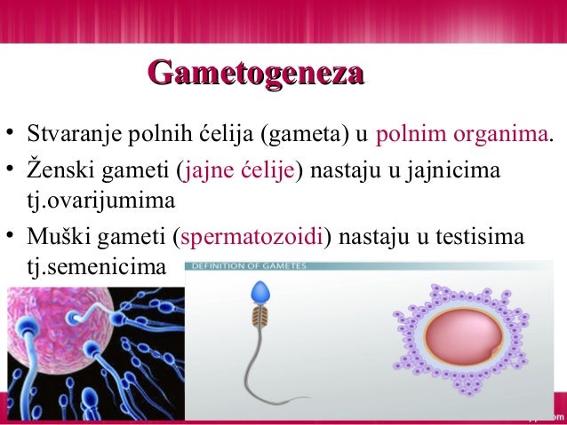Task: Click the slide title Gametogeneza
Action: [x=256, y=72]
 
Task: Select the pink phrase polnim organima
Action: [x=462, y=136]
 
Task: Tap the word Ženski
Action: [x=60, y=169]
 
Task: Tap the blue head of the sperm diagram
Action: [x=260, y=292]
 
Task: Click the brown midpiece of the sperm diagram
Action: [x=260, y=315]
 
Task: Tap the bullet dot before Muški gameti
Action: [x=10, y=235]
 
